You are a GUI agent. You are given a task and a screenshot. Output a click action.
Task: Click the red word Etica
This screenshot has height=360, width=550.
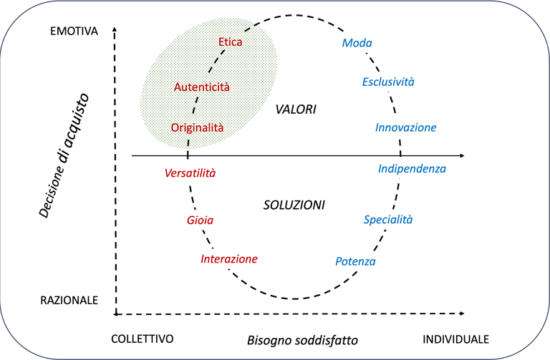point(231,42)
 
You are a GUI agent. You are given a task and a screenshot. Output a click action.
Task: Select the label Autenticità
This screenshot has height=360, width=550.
point(202,87)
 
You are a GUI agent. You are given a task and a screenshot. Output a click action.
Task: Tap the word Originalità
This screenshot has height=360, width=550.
point(198,127)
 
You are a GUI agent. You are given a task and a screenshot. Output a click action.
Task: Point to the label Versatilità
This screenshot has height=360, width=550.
point(190,173)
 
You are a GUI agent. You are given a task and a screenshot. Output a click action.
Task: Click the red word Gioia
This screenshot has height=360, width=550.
point(200,220)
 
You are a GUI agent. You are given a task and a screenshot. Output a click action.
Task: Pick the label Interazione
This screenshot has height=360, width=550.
point(229,258)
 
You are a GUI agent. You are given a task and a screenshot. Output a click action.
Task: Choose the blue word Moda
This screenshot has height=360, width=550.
point(357,44)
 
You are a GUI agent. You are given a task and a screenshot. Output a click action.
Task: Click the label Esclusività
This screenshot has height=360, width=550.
point(388,82)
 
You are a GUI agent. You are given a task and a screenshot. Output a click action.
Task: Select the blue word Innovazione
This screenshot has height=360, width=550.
point(405,127)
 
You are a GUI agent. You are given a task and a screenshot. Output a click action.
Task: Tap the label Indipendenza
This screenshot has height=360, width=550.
point(412,170)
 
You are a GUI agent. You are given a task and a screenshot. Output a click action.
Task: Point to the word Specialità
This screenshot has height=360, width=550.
point(387,220)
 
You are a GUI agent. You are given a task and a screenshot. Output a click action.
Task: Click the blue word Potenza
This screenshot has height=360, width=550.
point(355,261)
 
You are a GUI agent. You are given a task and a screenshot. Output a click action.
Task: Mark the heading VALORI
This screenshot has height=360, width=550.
point(296,110)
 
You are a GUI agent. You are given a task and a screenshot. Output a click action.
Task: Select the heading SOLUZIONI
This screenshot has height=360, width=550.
point(294,205)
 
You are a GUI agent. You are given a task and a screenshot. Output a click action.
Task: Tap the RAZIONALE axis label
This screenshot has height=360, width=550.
point(69,301)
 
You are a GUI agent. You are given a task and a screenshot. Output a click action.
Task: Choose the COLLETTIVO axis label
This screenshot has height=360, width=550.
point(143,339)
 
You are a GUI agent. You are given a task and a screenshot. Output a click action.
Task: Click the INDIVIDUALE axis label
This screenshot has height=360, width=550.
point(456,339)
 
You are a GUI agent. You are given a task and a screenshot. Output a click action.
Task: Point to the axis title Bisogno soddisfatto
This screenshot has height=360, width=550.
point(302,339)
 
